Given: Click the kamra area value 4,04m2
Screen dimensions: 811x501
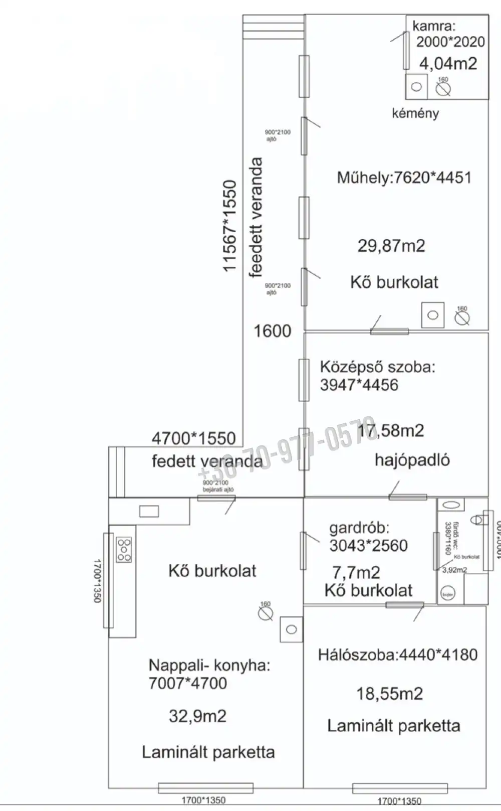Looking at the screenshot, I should [448, 64].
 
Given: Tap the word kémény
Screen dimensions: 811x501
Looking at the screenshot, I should [415, 113].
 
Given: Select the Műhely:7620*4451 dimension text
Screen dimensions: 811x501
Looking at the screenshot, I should [404, 178].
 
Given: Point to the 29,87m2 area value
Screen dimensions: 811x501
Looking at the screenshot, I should [391, 246].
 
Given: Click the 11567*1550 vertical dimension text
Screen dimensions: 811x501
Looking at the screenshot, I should [229, 226].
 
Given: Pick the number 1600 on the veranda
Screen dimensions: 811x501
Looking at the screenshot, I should [272, 331].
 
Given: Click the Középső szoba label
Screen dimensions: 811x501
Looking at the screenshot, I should [377, 367].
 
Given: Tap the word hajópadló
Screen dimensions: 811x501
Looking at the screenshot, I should [412, 460].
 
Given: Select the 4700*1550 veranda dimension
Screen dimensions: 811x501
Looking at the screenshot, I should [193, 438].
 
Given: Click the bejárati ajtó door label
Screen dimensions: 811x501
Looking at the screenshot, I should [218, 489].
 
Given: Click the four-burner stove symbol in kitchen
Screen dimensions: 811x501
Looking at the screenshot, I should [124, 550].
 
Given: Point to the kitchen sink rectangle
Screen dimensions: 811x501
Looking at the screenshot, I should [149, 511].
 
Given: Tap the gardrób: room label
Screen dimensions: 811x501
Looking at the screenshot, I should [359, 528].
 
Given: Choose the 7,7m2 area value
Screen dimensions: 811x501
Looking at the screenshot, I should [356, 572].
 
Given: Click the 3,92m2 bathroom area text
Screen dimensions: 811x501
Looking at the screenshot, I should [454, 570].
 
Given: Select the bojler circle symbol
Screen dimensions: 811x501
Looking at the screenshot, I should [447, 595].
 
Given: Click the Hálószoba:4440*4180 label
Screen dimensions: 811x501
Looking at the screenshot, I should [397, 655].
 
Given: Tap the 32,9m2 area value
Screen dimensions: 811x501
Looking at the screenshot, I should [197, 716].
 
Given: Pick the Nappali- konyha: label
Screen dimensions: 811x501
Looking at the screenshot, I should [209, 666].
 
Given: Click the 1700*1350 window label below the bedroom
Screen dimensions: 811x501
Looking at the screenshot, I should [399, 801].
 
